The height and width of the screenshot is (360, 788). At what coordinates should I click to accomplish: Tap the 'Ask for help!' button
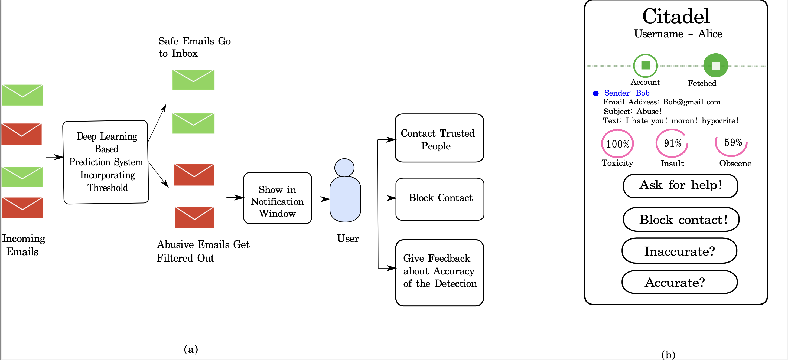coord(680,186)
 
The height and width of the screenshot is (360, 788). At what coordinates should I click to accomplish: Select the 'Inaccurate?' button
coord(679,251)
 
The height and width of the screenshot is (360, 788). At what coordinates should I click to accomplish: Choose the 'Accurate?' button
coord(679,282)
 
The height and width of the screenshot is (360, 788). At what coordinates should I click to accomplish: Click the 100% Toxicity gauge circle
coord(617,143)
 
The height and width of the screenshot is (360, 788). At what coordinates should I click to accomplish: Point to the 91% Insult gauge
coord(672,143)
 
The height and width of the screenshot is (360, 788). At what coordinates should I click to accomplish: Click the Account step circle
coord(646,66)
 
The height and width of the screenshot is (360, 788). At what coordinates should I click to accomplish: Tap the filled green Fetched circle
coord(715,66)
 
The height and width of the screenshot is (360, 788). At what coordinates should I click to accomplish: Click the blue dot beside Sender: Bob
coord(595,93)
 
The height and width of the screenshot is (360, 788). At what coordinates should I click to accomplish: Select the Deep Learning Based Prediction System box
coord(106,162)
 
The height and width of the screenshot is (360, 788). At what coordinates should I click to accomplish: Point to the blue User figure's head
coord(344,167)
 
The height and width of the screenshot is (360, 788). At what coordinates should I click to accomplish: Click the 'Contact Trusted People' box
coord(439,138)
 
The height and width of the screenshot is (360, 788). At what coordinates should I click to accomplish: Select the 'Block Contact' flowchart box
coord(439,199)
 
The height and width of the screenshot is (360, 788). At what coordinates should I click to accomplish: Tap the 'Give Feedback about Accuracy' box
coord(439,272)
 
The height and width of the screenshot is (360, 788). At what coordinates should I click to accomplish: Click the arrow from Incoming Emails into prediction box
coord(54,157)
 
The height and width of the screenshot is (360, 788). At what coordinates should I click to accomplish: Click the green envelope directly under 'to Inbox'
coord(193,80)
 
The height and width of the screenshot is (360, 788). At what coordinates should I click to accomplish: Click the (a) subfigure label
coord(191,349)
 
